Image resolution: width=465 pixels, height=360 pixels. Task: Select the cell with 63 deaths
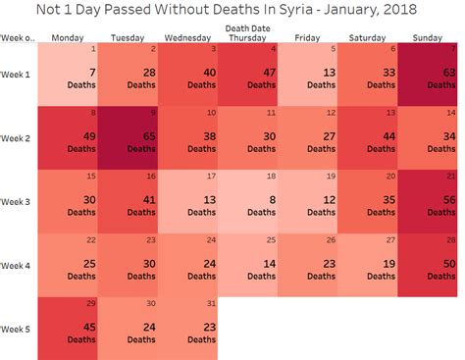click(x=428, y=77)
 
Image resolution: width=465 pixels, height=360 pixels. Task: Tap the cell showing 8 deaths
click(x=248, y=201)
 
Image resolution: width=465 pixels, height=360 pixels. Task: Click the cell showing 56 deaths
click(x=428, y=201)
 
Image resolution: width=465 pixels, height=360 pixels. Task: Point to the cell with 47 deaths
click(x=248, y=77)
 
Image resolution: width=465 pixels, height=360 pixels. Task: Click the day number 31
click(x=211, y=303)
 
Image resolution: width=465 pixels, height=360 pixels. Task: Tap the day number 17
click(x=211, y=177)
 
